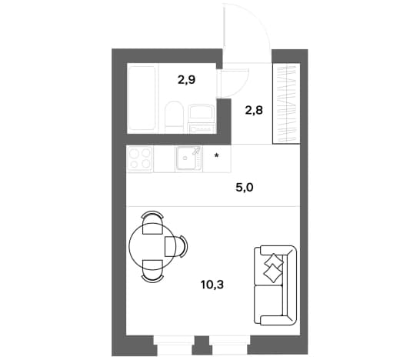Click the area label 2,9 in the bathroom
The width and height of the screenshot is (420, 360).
186,80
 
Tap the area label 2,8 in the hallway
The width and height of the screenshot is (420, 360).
254,110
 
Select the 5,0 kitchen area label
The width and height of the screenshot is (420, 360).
245,188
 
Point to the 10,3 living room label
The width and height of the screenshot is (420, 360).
212,285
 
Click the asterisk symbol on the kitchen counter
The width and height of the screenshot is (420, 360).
217,155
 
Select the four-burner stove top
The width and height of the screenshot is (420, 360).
140,158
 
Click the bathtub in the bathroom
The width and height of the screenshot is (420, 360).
142,98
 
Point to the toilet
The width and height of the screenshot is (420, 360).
174,118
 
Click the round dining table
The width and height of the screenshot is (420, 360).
152,246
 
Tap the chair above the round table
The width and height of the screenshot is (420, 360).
152,223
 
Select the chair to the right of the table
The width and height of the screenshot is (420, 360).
176,247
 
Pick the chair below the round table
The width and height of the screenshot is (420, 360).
152,271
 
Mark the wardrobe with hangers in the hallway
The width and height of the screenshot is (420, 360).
286,103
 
